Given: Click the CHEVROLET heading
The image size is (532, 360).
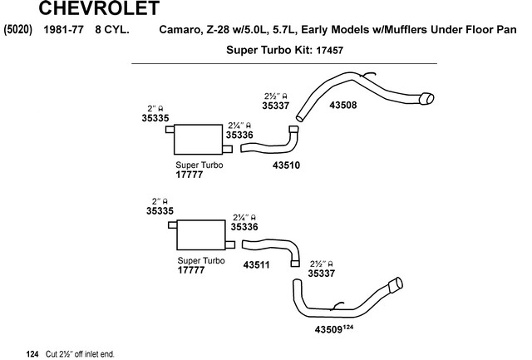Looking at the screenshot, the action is point(99,8).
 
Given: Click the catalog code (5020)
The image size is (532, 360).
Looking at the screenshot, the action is point(17,30).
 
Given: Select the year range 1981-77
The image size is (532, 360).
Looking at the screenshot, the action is point(63,30).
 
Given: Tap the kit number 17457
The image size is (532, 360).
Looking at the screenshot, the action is point(329,51).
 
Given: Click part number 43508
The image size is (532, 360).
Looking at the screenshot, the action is point(343,106).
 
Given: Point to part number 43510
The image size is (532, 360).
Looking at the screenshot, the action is point(286,165).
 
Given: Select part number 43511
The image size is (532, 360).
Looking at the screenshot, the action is point(257,264).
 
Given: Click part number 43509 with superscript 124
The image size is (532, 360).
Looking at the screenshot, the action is point(334,328).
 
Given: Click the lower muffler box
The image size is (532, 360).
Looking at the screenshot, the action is point(201,234).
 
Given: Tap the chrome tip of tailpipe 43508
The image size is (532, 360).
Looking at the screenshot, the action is point(426,98).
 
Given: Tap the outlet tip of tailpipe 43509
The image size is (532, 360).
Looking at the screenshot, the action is point(396,284).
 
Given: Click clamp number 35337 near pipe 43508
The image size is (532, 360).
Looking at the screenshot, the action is point(276,106).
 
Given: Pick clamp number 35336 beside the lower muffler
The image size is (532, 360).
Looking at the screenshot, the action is point(244,227).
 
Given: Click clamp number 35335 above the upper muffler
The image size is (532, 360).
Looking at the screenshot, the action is point(155,118).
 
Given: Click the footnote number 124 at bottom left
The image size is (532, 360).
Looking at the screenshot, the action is point(32,354).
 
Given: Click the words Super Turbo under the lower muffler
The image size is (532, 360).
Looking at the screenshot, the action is point(201,260).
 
